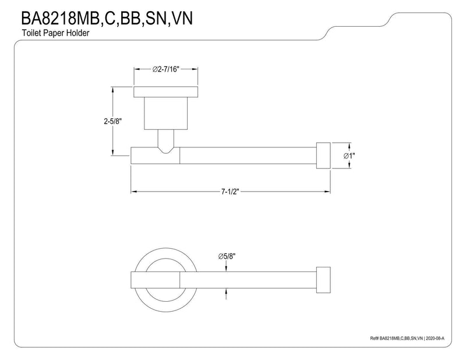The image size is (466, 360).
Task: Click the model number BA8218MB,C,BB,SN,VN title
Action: [107, 18]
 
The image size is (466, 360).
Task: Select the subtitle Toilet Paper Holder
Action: [55, 33]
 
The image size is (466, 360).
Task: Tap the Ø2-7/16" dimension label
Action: [166, 69]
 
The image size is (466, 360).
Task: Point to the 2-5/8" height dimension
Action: [112, 121]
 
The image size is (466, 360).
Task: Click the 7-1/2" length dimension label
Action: [230, 192]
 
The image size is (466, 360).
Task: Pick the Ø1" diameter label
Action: [349, 156]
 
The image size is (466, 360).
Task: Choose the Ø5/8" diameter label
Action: [227, 256]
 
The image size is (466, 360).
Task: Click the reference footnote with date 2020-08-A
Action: [407, 338]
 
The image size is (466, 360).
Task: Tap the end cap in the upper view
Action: [323, 156]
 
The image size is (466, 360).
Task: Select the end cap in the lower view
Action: [323, 280]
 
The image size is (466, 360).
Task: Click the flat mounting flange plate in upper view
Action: [166, 92]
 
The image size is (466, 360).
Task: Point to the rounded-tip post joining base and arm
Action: [166, 142]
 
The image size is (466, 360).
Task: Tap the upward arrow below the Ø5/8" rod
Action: [226, 294]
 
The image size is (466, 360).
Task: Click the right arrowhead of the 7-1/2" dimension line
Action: [327, 192]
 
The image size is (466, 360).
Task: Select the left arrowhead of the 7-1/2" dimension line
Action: [135, 192]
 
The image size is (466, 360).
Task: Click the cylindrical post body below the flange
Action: [166, 113]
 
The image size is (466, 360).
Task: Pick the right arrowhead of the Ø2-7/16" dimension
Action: [195, 69]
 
